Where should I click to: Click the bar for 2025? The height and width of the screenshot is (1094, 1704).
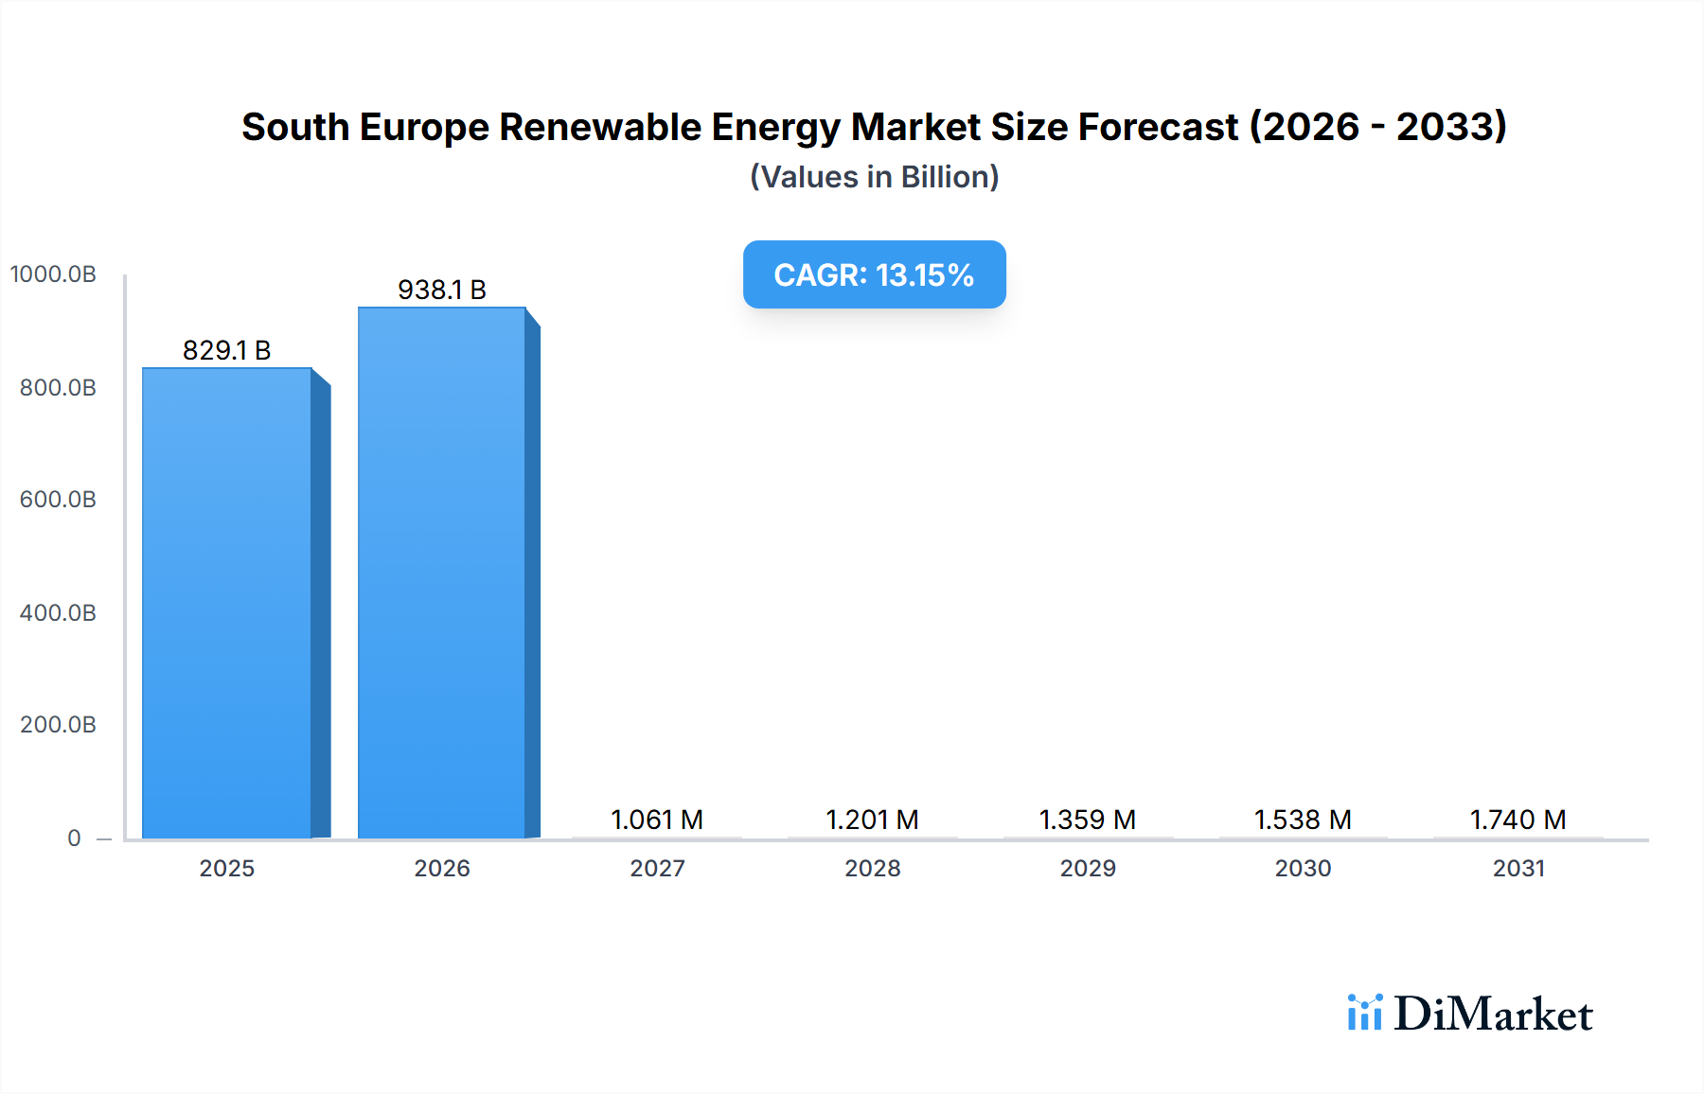pos(227,603)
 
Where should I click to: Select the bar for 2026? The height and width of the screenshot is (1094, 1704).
pos(442,573)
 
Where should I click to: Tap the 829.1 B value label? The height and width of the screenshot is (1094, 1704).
pos(227,350)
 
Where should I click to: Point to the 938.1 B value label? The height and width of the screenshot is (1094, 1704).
pos(442,290)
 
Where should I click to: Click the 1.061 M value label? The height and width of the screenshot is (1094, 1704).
pos(657,820)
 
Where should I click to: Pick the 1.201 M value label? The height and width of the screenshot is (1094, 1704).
pos(872,820)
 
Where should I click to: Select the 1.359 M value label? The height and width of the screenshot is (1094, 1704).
pos(1088,820)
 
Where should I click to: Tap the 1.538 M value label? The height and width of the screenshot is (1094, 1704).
pos(1303,820)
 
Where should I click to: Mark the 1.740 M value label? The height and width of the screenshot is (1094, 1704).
pos(1518,820)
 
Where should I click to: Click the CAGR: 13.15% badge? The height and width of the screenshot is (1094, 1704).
pos(874,274)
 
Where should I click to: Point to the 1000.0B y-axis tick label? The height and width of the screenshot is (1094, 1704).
pos(53,274)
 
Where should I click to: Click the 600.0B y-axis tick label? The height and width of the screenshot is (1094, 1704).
pos(58,500)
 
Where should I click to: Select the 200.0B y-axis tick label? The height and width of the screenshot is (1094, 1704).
pos(58,725)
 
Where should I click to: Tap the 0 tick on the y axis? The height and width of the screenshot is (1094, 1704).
pos(74,838)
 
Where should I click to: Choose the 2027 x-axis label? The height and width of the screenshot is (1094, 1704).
pos(657,869)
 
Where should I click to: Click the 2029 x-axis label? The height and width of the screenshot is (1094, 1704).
pos(1088,869)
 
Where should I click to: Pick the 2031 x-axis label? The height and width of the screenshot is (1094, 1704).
pos(1518,869)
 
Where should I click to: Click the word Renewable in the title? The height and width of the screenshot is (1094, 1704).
pos(600,127)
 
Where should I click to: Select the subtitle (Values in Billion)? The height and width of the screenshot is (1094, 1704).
pos(874,177)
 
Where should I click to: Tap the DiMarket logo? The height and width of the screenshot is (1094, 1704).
pos(1470,1014)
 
